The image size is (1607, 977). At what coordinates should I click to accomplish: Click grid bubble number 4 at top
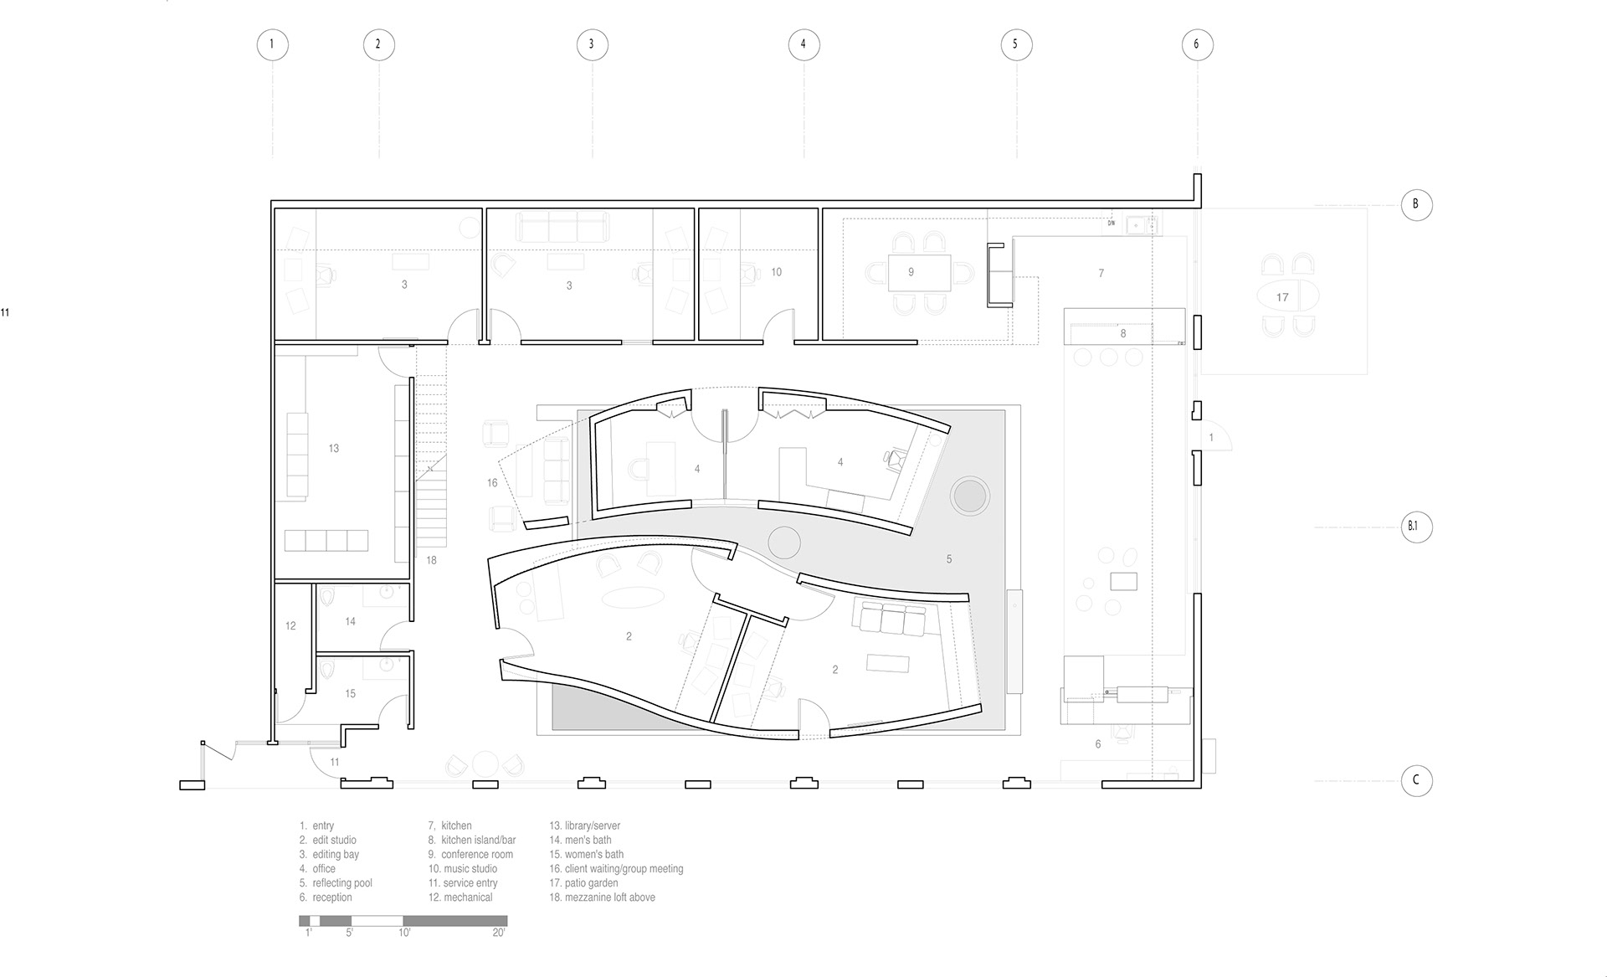click(803, 44)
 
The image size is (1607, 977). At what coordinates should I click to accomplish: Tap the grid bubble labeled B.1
click(1416, 527)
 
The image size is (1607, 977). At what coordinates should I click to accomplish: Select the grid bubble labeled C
click(1416, 780)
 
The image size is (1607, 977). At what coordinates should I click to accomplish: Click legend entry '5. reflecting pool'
click(336, 883)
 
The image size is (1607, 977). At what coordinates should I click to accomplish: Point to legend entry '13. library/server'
click(584, 825)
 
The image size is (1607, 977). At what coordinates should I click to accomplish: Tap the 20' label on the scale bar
click(499, 933)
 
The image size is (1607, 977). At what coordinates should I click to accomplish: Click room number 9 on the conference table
click(911, 272)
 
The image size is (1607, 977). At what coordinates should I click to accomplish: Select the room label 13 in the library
click(334, 449)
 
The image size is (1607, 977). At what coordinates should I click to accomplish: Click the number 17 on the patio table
click(1282, 297)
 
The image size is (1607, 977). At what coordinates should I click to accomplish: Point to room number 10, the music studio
click(777, 272)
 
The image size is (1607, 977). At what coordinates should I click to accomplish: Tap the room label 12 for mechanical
click(290, 625)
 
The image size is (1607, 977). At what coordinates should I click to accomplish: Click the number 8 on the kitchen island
click(1123, 333)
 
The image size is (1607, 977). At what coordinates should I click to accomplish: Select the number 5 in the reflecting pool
click(949, 559)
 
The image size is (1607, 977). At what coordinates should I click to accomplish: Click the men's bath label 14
click(350, 621)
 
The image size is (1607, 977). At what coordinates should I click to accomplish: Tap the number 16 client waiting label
click(492, 482)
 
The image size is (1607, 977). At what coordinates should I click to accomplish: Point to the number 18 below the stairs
click(431, 560)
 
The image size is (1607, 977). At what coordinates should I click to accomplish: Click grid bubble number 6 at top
click(1196, 44)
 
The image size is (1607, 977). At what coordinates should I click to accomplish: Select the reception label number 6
click(1098, 743)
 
